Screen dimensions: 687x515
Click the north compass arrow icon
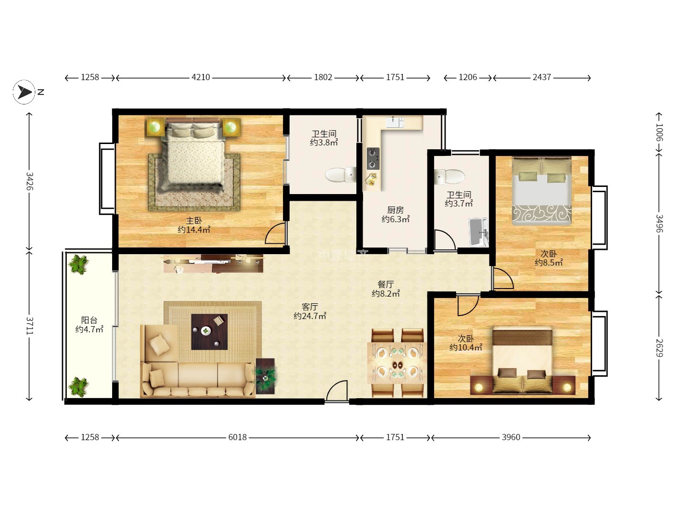point(24,92)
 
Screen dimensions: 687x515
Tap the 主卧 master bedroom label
point(194,221)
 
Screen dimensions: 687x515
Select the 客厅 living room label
point(310,307)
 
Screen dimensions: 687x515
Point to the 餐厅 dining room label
point(385,284)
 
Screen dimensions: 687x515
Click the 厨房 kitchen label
point(396,210)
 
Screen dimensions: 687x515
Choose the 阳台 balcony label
point(89,320)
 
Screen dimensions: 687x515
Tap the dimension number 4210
point(201,77)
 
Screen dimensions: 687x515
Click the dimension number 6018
point(238,437)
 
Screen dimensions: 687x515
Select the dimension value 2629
point(659,348)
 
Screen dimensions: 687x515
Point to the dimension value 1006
point(659,133)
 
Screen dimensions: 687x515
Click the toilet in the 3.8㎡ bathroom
point(341,175)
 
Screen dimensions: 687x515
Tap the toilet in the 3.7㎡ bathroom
point(450,176)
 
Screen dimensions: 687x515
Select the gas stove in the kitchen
point(373,158)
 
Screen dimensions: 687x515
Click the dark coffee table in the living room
point(209,332)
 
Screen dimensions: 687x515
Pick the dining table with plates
point(397,363)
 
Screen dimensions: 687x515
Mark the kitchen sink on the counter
point(395,122)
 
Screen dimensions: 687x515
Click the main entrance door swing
point(337,391)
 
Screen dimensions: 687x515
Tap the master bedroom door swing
point(275,233)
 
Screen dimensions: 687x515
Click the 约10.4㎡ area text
point(466,348)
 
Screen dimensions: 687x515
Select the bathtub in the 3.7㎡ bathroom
point(479,232)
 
